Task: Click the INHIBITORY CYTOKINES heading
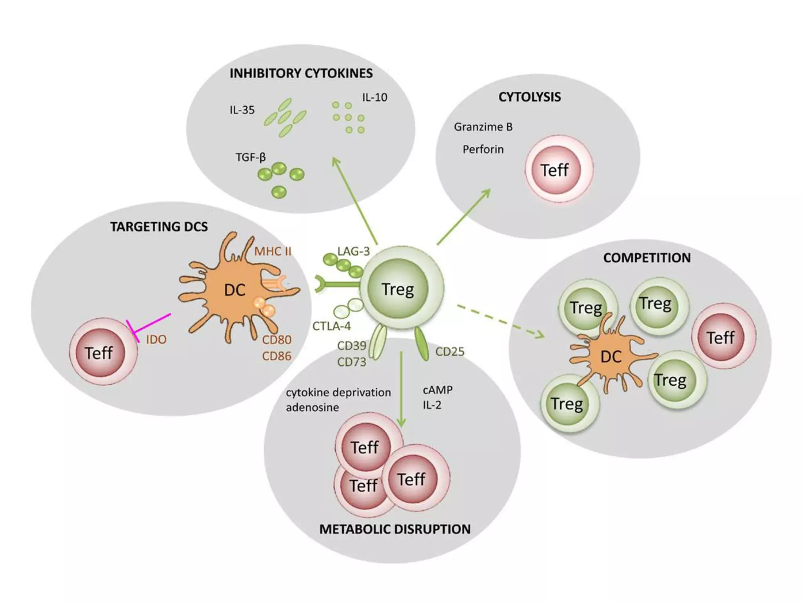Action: [301, 73]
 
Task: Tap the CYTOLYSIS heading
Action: [529, 97]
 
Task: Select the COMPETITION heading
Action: [647, 258]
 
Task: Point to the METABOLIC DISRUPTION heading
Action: [395, 529]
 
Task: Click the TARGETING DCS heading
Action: [159, 227]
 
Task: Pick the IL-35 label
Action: [242, 110]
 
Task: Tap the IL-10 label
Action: [374, 97]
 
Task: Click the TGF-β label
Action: [251, 157]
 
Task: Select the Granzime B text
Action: [483, 127]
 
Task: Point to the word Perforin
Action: [483, 149]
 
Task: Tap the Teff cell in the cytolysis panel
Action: [556, 170]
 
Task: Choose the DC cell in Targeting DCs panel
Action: [234, 290]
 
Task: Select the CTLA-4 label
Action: [331, 326]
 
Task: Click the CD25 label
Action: [450, 352]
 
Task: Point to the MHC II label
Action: [273, 251]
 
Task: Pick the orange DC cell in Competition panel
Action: [611, 356]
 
